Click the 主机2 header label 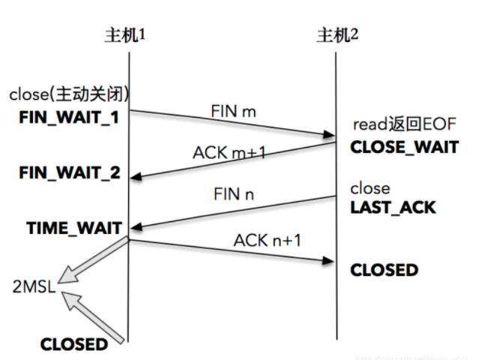336,34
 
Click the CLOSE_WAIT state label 404,147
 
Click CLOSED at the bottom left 73,344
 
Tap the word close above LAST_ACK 370,187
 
